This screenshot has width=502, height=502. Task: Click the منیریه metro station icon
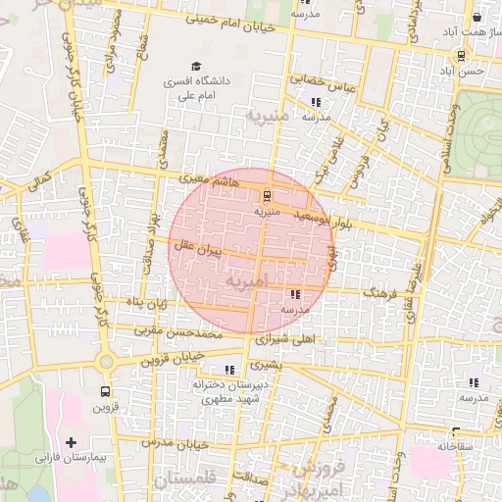(x=269, y=192)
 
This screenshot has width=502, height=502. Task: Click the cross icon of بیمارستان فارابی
(x=71, y=441)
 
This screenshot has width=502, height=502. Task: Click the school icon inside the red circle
(x=294, y=293)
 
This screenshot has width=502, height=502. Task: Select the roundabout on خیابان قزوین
(x=105, y=361)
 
